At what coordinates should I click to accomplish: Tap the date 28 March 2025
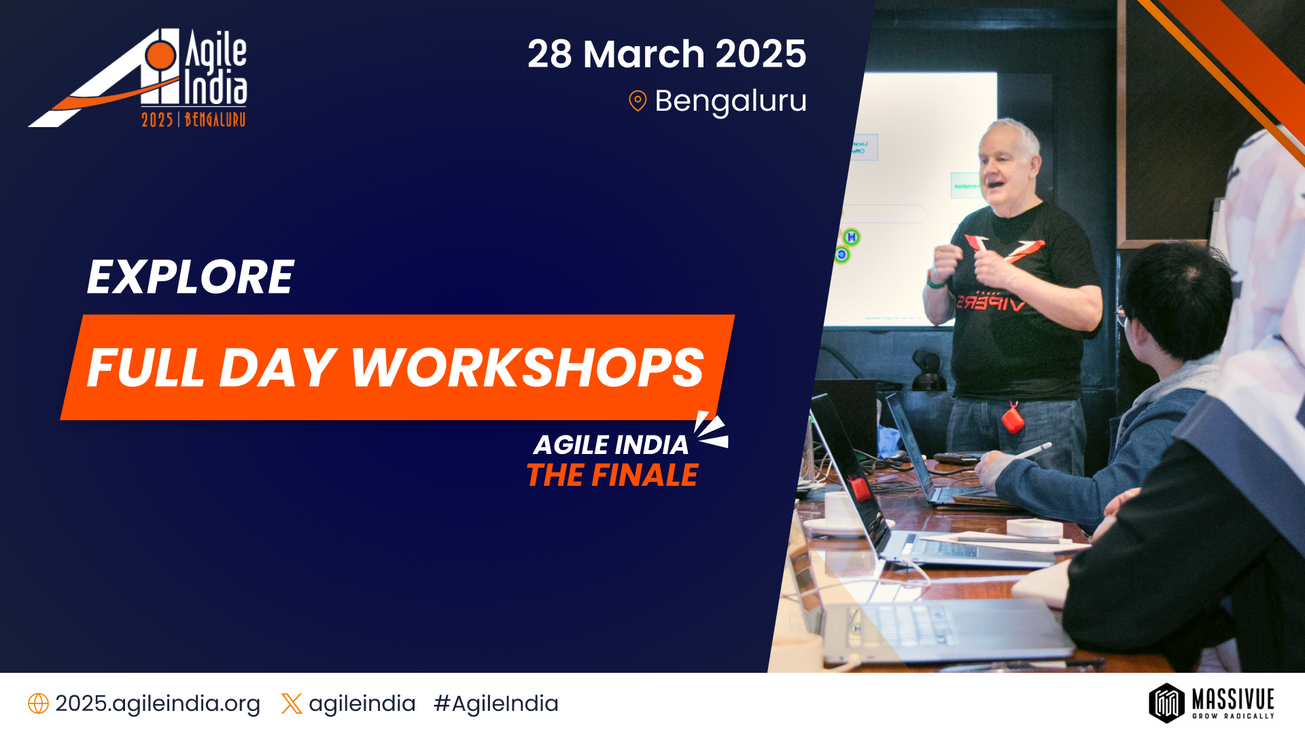pyautogui.click(x=666, y=54)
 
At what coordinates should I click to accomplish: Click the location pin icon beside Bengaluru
pyautogui.click(x=638, y=101)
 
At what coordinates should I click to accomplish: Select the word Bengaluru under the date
pyautogui.click(x=731, y=101)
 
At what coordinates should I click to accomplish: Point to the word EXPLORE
pyautogui.click(x=190, y=277)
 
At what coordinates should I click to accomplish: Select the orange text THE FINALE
pyautogui.click(x=612, y=475)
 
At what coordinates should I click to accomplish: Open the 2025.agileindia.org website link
pyautogui.click(x=158, y=703)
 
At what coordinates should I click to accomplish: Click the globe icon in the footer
pyautogui.click(x=38, y=703)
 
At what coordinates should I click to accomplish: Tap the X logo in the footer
pyautogui.click(x=292, y=703)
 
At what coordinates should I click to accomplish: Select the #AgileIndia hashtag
pyautogui.click(x=496, y=703)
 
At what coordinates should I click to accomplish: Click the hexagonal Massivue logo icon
pyautogui.click(x=1166, y=703)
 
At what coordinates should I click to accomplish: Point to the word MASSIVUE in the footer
pyautogui.click(x=1233, y=699)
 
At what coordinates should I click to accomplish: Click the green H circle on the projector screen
pyautogui.click(x=851, y=237)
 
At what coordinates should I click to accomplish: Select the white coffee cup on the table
pyautogui.click(x=840, y=510)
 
